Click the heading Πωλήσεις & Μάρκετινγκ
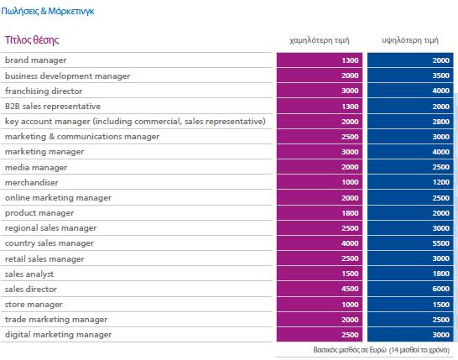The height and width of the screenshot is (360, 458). pyautogui.click(x=48, y=11)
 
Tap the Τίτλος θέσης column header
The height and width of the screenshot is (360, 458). pyautogui.click(x=32, y=39)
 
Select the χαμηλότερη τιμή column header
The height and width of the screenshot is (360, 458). pyautogui.click(x=320, y=40)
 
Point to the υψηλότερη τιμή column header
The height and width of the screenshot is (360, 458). pyautogui.click(x=410, y=40)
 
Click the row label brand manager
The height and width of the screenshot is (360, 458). pyautogui.click(x=35, y=60)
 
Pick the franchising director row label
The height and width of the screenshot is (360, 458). pyautogui.click(x=44, y=91)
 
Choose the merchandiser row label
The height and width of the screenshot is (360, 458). pyautogui.click(x=32, y=182)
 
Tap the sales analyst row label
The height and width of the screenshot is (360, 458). pyautogui.click(x=29, y=274)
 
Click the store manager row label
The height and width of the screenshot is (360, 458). pyautogui.click(x=34, y=304)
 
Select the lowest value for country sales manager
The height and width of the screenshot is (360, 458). pyautogui.click(x=350, y=243)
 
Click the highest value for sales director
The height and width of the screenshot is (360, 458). pyautogui.click(x=440, y=289)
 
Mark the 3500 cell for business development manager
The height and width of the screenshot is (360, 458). pyautogui.click(x=440, y=76)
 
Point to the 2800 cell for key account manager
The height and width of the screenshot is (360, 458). pyautogui.click(x=440, y=122)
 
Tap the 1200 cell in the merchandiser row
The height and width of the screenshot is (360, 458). pyautogui.click(x=440, y=182)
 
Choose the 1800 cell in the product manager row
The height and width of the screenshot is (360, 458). pyautogui.click(x=350, y=213)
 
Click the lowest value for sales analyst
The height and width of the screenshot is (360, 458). pyautogui.click(x=350, y=274)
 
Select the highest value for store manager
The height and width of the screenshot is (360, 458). pyautogui.click(x=440, y=304)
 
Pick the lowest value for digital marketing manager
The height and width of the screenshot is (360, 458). pyautogui.click(x=350, y=335)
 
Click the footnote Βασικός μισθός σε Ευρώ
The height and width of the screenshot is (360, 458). pyautogui.click(x=350, y=350)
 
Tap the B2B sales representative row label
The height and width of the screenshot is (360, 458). pyautogui.click(x=53, y=106)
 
